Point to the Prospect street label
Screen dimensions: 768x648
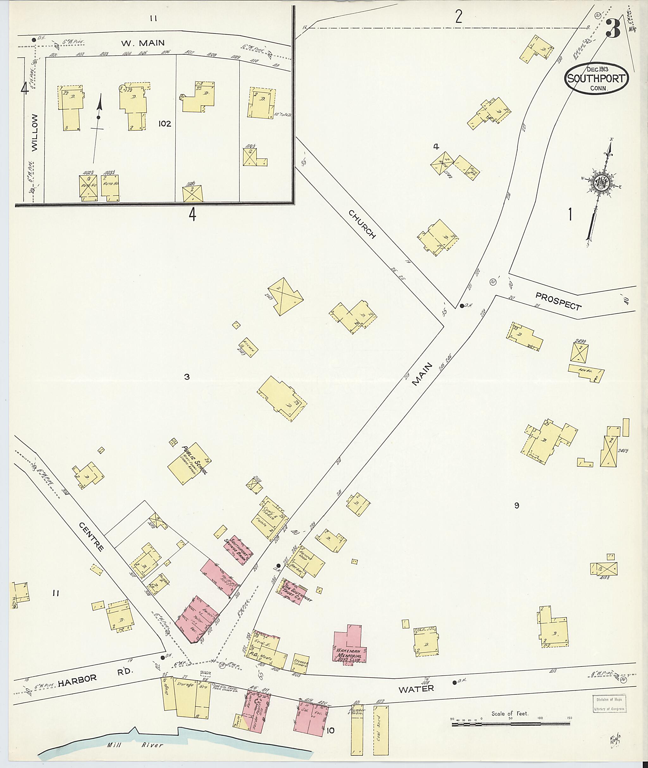click(558, 301)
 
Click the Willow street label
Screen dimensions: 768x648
click(34, 132)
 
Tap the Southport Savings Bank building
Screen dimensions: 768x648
click(239, 551)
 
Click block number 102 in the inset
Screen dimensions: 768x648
click(165, 124)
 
